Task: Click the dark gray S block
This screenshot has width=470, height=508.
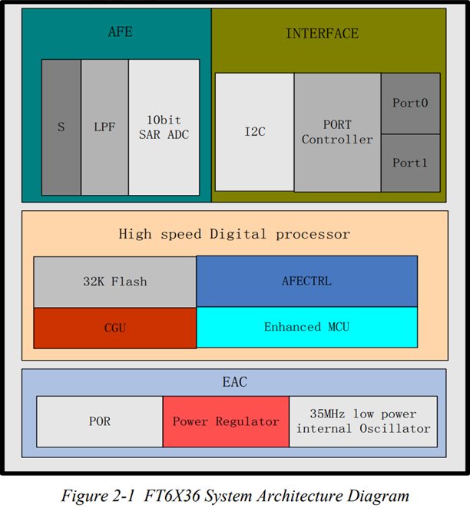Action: pos(61,127)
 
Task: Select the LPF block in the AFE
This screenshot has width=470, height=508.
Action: pos(104,127)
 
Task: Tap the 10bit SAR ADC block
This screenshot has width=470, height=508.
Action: pos(164,127)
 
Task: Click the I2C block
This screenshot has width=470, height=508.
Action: pos(254,132)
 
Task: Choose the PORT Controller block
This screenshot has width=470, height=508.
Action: pos(337,132)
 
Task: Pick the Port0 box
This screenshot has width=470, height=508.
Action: pos(410,103)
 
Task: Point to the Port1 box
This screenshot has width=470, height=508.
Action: pos(410,163)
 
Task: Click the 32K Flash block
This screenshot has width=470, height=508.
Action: pos(114,282)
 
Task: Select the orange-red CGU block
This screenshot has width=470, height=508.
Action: pos(114,328)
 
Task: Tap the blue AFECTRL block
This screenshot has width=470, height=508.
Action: pos(306,282)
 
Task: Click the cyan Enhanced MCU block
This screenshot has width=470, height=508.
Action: pos(306,327)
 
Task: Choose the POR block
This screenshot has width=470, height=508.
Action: pos(99,421)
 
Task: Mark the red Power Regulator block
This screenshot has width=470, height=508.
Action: pos(225,421)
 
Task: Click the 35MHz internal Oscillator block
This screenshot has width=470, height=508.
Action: pos(363,421)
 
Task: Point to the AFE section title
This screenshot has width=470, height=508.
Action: pos(120,32)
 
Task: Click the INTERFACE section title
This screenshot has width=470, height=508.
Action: pos(322,34)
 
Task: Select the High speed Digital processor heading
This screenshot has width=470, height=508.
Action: pos(233,234)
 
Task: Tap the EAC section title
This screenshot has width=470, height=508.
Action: pos(233,381)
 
